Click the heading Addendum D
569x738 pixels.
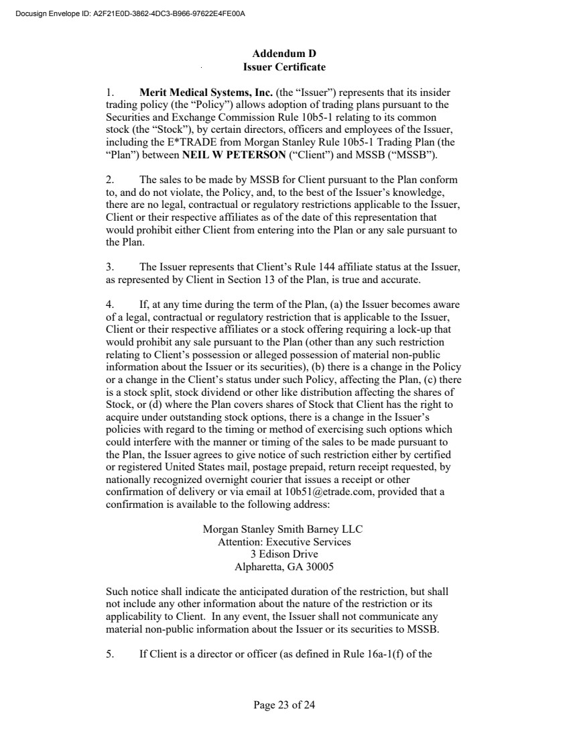tap(284, 54)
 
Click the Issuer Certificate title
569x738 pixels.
tap(284, 67)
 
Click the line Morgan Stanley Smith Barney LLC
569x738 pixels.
tap(283, 529)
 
